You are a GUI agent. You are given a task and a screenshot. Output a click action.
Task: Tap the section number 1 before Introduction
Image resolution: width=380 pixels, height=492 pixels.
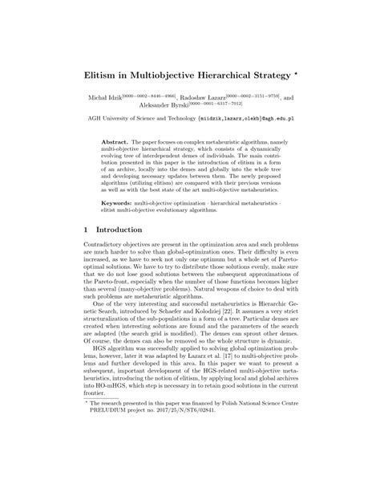(x=87, y=230)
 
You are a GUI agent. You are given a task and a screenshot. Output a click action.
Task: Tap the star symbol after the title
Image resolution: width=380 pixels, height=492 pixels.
(x=287, y=70)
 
